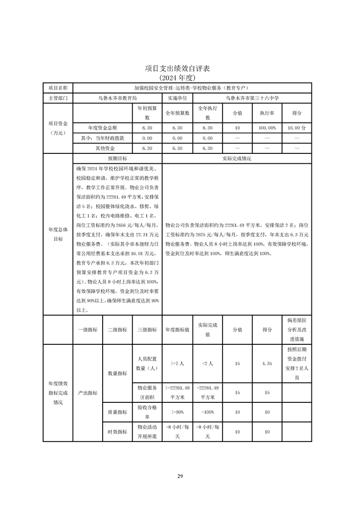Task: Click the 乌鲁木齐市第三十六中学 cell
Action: pos(252,98)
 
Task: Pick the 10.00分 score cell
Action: pos(297,128)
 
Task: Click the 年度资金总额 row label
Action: pos(102,128)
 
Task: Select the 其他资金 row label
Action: pos(102,148)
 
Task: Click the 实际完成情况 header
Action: pos(237,159)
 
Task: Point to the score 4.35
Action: pos(267,363)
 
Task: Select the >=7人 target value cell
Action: pos(177,363)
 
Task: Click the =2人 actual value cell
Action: pos(207,363)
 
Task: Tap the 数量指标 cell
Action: pos(117,373)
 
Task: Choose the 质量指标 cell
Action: pos(117,412)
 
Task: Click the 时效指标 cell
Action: pos(117,432)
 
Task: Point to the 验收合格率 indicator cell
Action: pos(147,412)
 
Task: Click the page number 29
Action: pos(180,476)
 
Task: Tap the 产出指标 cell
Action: pos(88,393)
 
